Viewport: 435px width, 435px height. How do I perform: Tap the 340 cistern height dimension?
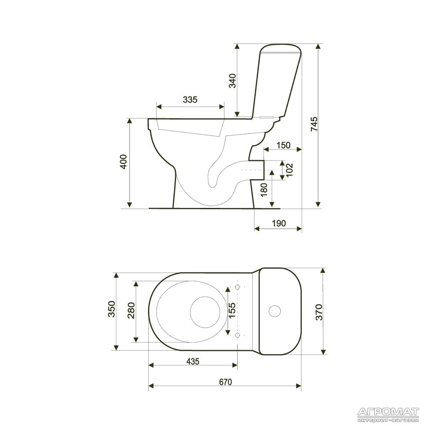[x=232, y=81]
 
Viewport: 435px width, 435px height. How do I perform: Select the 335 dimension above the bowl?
[x=190, y=99]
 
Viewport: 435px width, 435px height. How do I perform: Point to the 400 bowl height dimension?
[x=123, y=162]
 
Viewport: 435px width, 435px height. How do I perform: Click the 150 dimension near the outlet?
[x=283, y=145]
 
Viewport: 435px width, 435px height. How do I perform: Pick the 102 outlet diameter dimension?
[x=289, y=170]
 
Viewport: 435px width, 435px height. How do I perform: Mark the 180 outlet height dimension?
[x=264, y=190]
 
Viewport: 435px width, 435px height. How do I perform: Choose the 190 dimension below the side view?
[x=278, y=223]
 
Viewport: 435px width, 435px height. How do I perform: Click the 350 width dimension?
[x=111, y=308]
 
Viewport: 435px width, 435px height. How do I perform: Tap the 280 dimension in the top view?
[x=131, y=310]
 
